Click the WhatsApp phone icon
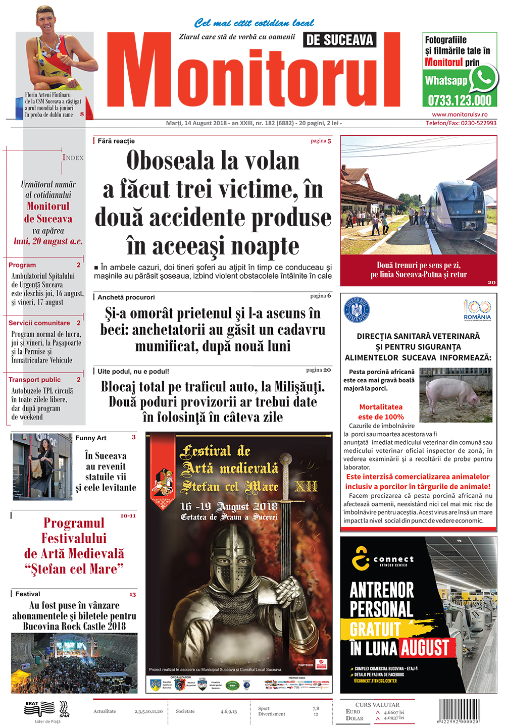[483, 78]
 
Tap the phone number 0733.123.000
[460, 100]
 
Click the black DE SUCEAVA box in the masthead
[340, 40]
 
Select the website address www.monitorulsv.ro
[460, 115]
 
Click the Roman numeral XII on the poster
[306, 486]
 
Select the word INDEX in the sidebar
[73, 158]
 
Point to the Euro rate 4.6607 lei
[394, 712]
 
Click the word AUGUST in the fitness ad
[425, 647]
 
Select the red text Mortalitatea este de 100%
[381, 411]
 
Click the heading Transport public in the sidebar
[34, 380]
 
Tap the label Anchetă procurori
[126, 297]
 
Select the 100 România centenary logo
[477, 310]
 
